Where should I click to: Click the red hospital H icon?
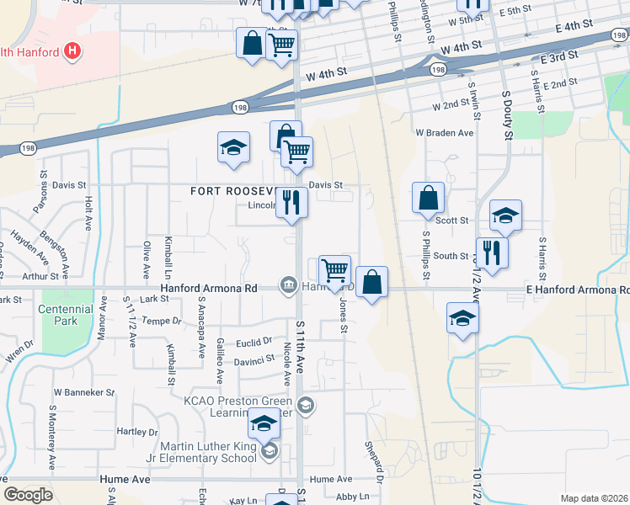[72, 51]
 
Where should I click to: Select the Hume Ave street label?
[125, 478]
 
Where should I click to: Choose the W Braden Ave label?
[444, 133]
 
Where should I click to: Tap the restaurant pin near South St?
[493, 252]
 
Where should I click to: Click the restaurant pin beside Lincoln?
[291, 203]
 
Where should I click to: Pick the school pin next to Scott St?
[505, 216]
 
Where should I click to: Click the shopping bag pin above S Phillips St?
[429, 199]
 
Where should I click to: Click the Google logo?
[28, 494]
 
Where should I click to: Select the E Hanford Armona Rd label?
[577, 290]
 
